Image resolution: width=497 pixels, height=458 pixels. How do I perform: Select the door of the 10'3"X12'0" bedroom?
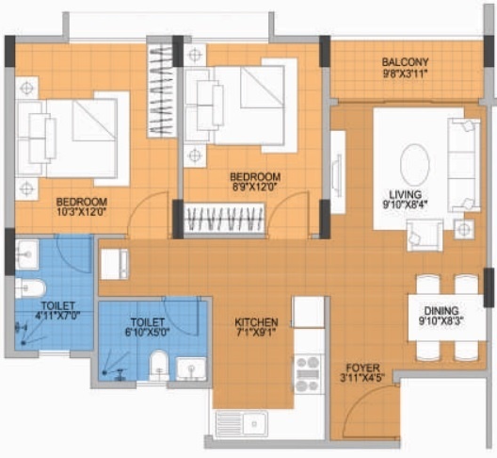(x=147, y=220)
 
